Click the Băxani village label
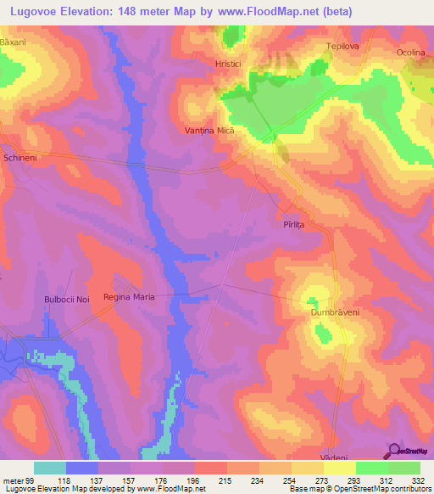pos(14,42)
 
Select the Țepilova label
pos(344,47)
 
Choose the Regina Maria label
pos(128,297)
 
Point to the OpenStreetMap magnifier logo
pos(394,451)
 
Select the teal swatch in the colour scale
pos(50,468)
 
